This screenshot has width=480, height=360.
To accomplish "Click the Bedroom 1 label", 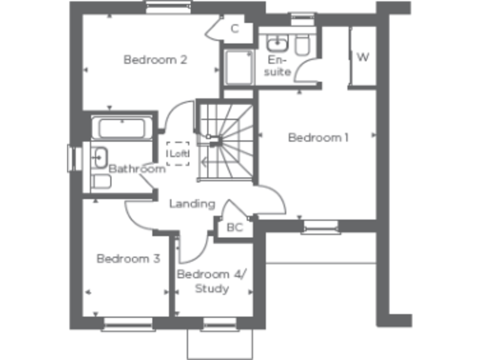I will point(318,137).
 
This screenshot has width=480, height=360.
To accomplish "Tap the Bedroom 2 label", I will point(156,60).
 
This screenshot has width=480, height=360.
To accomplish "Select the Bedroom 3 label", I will point(128,258).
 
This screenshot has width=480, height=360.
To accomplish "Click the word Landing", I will point(192,204).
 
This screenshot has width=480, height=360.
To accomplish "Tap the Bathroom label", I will point(137,169).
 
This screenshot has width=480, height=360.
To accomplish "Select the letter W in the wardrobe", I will point(362,57).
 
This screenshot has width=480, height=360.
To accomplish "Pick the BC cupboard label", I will point(234,227).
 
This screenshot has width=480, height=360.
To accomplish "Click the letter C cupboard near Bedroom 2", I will point(234,28).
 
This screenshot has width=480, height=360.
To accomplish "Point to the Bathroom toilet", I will point(101,181).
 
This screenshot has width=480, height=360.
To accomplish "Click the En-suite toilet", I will point(303,44).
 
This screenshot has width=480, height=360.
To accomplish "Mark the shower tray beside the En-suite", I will point(238,67).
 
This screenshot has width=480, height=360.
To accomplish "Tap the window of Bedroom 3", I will point(128,323).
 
